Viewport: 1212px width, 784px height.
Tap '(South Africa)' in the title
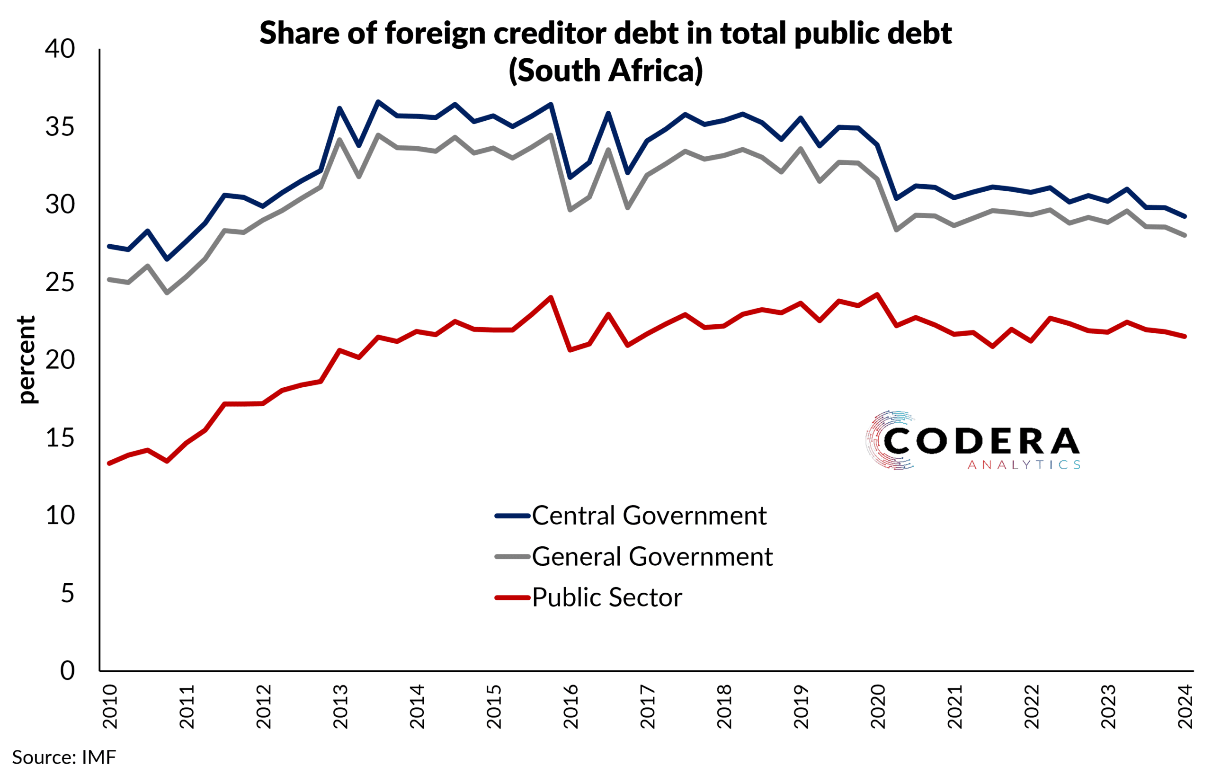pos(605,70)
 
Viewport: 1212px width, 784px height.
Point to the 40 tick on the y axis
pos(60,49)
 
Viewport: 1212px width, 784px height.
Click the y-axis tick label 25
pos(60,282)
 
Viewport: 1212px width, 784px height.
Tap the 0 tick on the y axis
pos(67,670)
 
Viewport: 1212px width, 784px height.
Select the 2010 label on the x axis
pos(110,707)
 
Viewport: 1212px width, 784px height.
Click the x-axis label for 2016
pos(570,707)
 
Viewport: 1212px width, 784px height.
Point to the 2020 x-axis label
pos(878,707)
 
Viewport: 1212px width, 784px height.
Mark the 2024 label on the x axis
pos(1185,707)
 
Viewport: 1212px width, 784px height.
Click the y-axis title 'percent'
pos(27,359)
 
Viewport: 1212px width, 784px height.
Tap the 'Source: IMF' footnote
pos(64,757)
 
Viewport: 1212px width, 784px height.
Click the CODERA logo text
pos(981,441)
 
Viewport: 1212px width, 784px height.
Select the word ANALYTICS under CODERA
pos(1023,465)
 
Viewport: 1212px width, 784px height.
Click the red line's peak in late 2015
pos(551,297)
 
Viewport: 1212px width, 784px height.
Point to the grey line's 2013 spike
pos(339,140)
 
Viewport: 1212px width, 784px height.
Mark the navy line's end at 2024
pos(1185,216)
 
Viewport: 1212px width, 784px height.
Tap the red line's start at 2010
pos(109,463)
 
